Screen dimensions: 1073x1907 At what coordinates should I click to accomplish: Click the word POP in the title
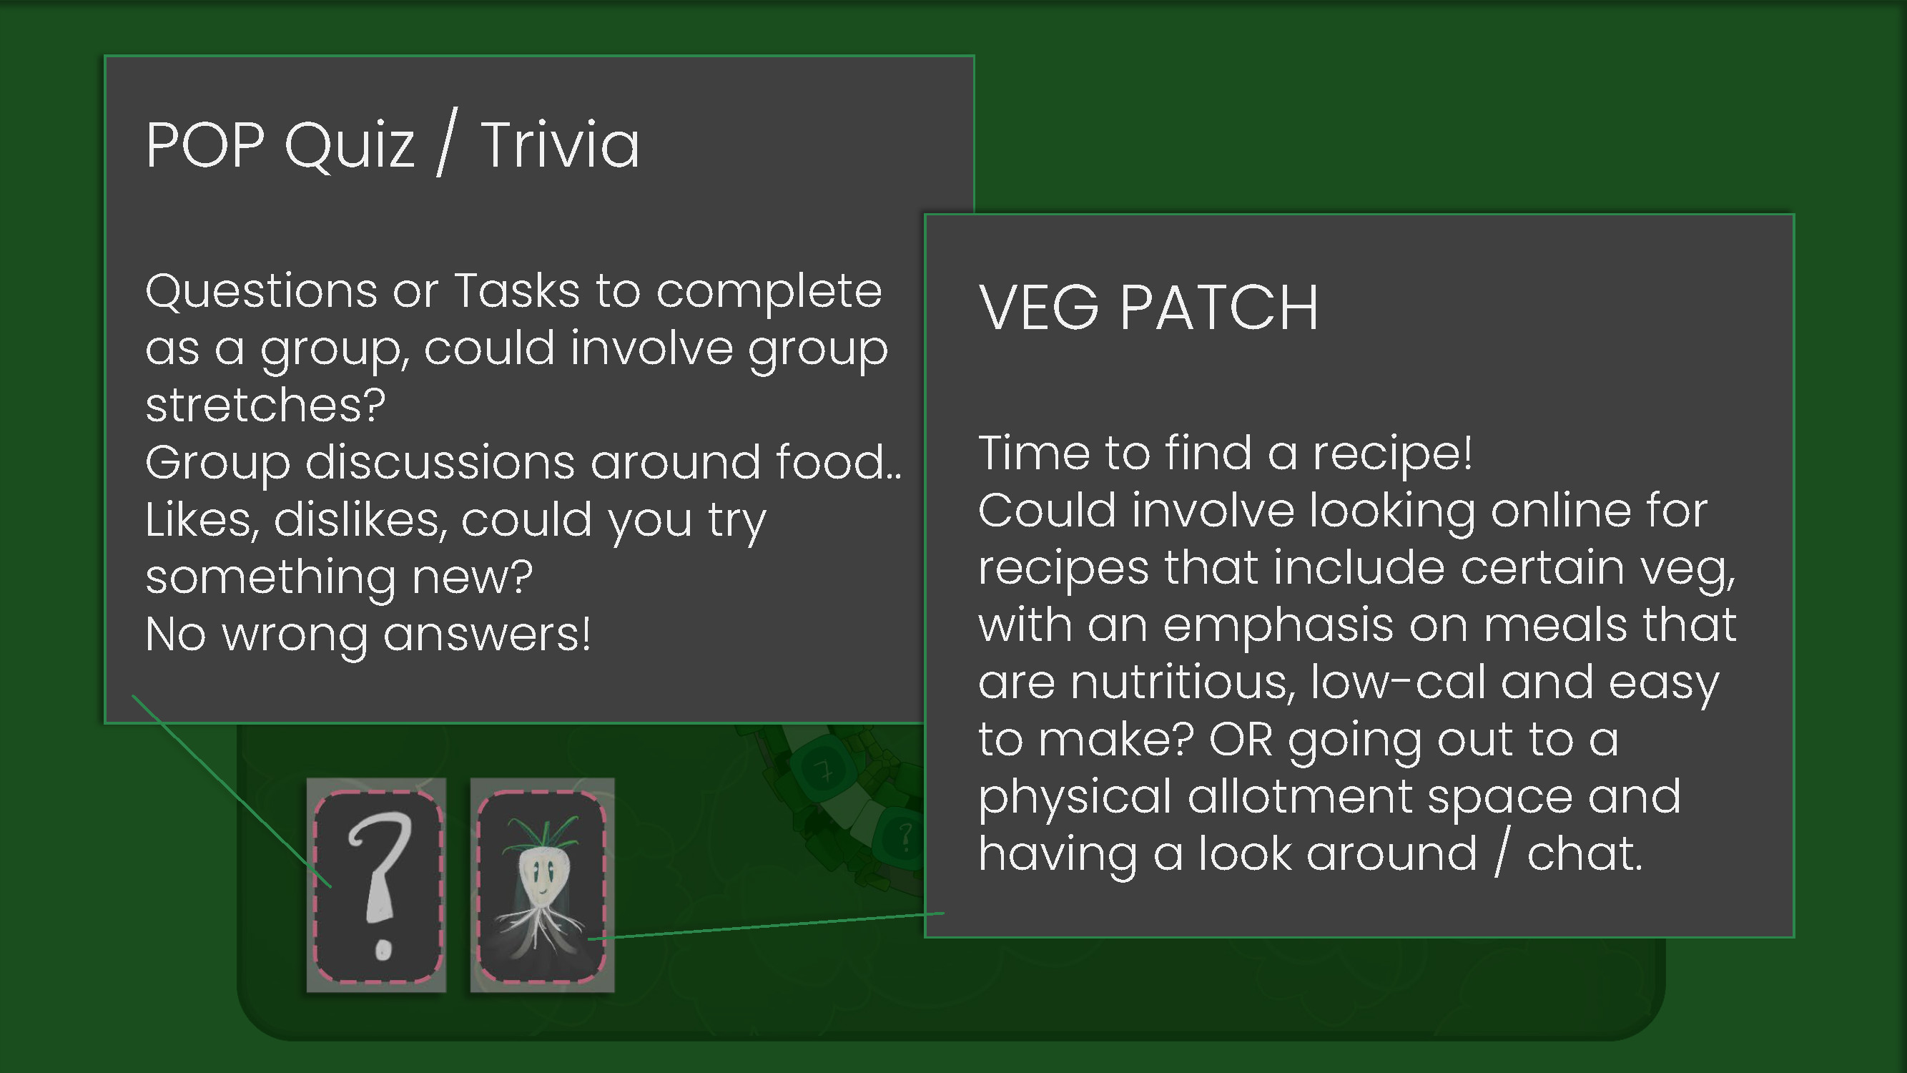[x=205, y=145]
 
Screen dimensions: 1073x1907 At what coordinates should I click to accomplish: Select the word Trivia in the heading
[x=560, y=145]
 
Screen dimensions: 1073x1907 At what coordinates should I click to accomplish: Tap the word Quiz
[x=349, y=147]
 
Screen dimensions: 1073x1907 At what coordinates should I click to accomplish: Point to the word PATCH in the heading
[x=1219, y=308]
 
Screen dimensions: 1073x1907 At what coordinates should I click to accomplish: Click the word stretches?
[x=266, y=405]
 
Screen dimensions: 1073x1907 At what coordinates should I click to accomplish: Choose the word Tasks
[x=517, y=290]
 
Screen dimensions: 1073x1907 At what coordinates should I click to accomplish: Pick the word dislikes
[x=360, y=520]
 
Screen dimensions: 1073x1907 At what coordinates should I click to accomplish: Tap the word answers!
[x=487, y=635]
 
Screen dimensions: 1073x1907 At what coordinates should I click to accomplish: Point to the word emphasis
[x=1278, y=625]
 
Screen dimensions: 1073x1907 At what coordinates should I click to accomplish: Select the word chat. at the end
[x=1585, y=854]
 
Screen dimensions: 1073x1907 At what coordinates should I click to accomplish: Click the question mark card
[x=378, y=885]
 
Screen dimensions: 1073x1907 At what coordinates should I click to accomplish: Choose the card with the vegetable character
[x=542, y=885]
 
